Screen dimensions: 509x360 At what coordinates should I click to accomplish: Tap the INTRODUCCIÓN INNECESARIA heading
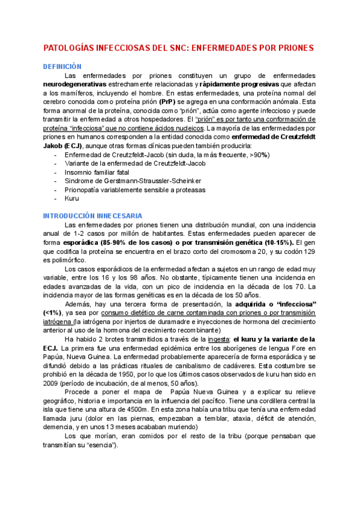point(92,215)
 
